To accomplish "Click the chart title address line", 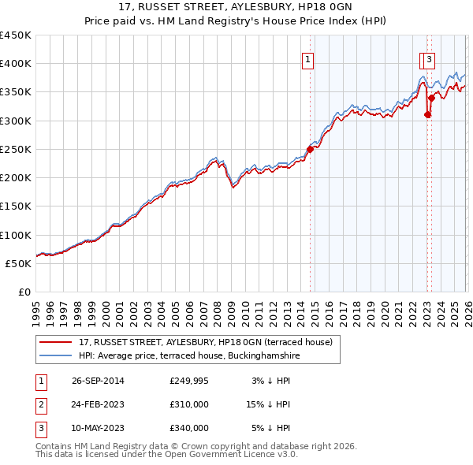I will coord(236,9).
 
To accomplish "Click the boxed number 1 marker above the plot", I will coord(307,58).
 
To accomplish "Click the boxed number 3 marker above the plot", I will coord(429,58).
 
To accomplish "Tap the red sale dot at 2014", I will coord(310,149).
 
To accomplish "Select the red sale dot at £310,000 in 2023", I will coord(427,114).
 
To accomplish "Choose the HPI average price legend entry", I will coord(189,356).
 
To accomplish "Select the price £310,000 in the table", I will coord(189,404).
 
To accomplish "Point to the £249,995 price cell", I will coord(189,381).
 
